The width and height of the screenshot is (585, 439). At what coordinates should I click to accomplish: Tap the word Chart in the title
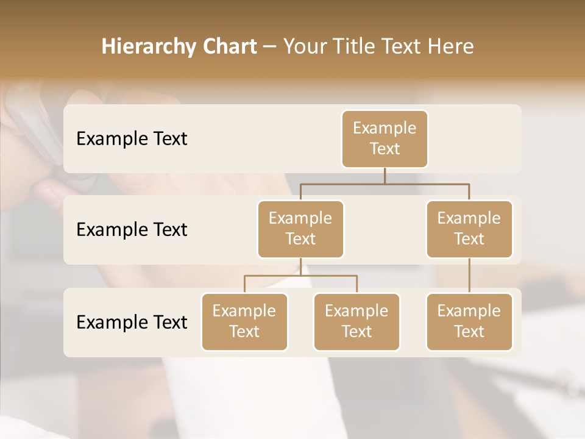pos(226,47)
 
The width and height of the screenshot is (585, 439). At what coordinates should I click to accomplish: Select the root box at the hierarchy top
pos(385,139)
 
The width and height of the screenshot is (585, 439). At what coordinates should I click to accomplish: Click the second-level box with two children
pos(300,229)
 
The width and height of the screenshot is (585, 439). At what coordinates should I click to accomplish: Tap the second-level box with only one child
pos(469,229)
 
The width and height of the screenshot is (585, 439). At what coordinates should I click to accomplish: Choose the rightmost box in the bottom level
pos(469,322)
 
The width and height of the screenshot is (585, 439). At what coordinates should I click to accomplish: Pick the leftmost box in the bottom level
pos(244,322)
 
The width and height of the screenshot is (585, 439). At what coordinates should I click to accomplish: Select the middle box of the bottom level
pos(356,322)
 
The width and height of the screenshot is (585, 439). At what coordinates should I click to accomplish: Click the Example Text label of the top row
pos(132,139)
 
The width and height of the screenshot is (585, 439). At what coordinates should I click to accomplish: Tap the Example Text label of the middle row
pos(132,230)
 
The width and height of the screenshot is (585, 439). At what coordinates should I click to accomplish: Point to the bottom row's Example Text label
pos(132,322)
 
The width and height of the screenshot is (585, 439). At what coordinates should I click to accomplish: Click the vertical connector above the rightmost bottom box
pos(469,276)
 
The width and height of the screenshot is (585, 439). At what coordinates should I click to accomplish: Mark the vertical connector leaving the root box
pos(385,176)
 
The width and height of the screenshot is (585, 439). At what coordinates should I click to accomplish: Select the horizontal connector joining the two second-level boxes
pos(385,183)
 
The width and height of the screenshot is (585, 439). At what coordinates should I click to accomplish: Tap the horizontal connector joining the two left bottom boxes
pos(300,276)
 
